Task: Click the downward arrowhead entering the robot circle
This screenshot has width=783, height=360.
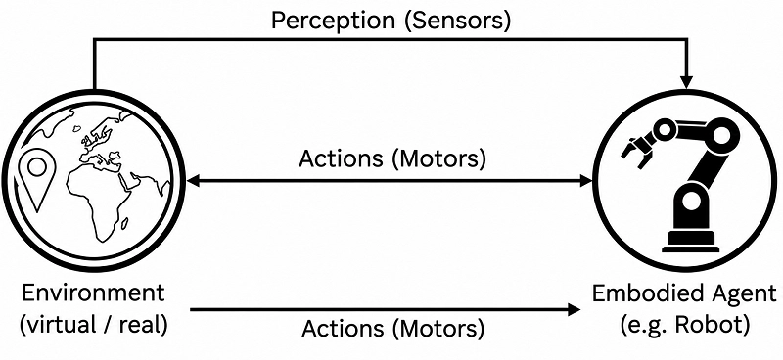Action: pos(687,83)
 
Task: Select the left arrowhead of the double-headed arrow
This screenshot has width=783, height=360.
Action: pos(194,181)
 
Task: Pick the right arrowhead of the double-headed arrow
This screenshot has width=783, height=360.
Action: pos(585,181)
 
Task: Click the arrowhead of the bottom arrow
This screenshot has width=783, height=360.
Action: pos(574,310)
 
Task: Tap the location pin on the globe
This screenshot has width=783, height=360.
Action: pos(37,181)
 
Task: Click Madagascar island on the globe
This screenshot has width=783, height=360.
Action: pos(125,223)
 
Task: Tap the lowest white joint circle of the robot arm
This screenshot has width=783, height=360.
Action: pos(691,202)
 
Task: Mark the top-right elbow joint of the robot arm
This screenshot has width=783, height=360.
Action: pos(722,134)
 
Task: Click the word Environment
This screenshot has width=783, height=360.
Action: pos(92,293)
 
